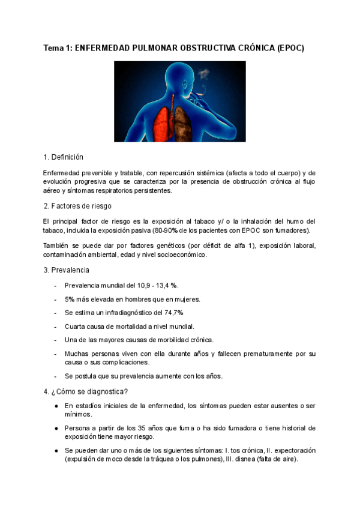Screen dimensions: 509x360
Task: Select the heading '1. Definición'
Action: point(63,157)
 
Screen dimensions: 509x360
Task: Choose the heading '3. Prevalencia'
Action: point(66,270)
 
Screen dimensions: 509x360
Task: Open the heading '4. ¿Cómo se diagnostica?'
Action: point(86,392)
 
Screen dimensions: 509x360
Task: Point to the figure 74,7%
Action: point(172,313)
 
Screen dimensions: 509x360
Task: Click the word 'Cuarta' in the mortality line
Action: point(76,327)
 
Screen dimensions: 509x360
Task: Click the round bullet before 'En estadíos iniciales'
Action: point(56,406)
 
